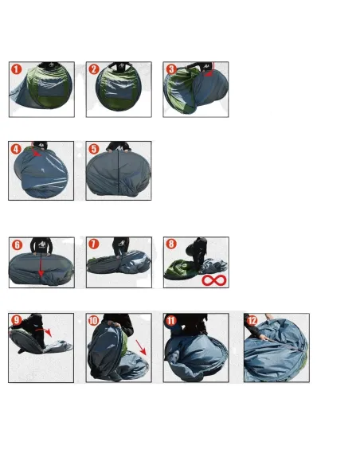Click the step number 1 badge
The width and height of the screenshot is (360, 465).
point(17,69)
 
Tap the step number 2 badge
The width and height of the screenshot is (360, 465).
point(94,69)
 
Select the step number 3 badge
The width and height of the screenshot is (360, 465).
point(171,69)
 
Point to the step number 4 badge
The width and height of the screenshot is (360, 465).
point(16,149)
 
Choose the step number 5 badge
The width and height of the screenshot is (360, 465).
point(94,149)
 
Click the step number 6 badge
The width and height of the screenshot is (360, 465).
point(17,244)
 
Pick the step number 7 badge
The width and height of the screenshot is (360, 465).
point(94,244)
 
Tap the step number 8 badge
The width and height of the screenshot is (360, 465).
point(171,244)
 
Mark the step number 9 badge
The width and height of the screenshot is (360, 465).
point(16,320)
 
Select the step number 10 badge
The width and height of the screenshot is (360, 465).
point(93,320)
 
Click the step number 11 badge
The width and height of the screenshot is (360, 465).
point(171,320)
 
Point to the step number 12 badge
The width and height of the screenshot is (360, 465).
point(252,320)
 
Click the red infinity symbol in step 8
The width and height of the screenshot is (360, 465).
point(214,280)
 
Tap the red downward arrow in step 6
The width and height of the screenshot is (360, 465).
point(41,265)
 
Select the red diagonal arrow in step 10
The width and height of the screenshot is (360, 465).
point(141,347)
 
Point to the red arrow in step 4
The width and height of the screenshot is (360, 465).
point(36,150)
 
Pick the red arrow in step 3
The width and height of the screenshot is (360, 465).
point(211,71)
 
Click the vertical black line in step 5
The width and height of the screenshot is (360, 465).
point(119,173)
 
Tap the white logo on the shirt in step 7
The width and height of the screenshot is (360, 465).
point(121,244)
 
